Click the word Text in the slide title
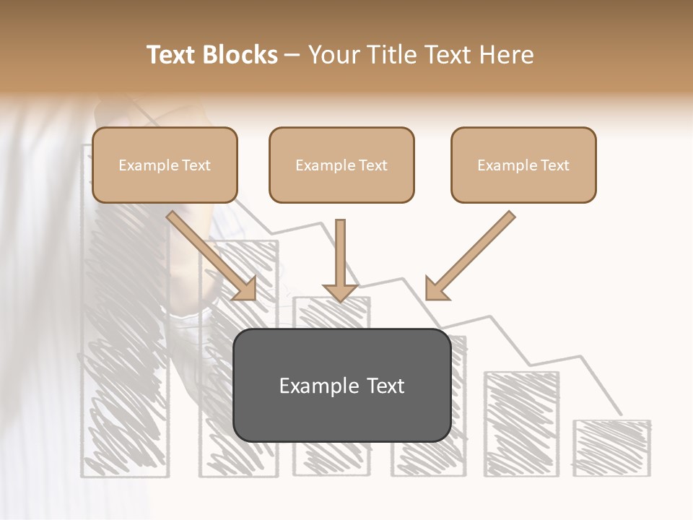click(171, 55)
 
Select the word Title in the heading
click(390, 55)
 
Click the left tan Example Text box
click(165, 165)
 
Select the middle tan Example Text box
click(341, 165)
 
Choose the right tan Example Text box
click(523, 165)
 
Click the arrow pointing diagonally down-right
click(209, 253)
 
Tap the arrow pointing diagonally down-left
click(473, 253)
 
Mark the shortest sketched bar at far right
click(612, 448)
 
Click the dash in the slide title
click(292, 55)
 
